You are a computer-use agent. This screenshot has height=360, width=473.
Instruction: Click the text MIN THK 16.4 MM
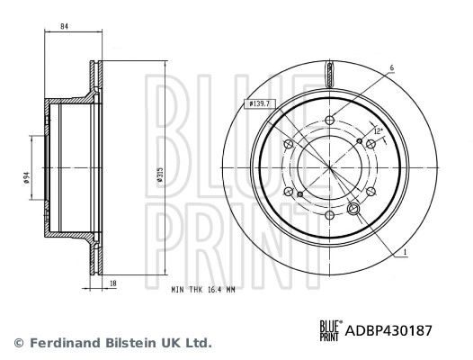[x=202, y=290]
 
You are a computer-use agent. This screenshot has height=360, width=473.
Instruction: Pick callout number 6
[x=392, y=67]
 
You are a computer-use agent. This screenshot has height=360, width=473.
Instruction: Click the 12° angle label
[x=378, y=132]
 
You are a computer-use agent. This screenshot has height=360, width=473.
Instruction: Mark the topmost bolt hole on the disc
[x=329, y=121]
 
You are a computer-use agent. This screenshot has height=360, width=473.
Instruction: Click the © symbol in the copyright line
[x=19, y=343]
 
